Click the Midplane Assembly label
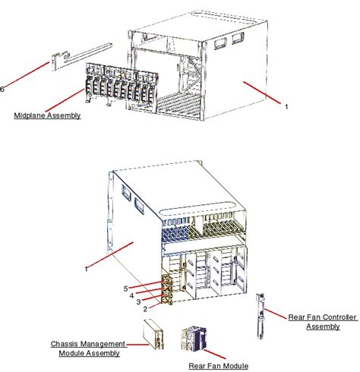(x=46, y=116)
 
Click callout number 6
(x=2, y=89)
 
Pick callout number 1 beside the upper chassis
(x=286, y=107)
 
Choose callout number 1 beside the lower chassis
(x=87, y=267)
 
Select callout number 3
(x=138, y=301)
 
